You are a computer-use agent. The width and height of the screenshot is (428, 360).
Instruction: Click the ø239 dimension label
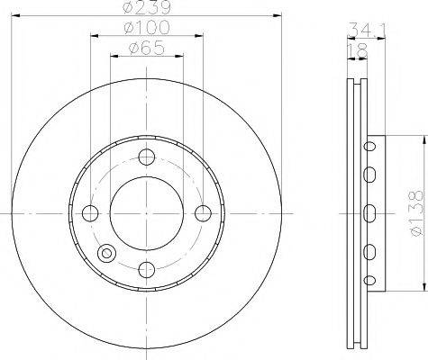(147, 7)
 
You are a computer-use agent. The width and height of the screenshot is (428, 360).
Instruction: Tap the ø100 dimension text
(147, 27)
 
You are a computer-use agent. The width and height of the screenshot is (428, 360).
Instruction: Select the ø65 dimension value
(147, 48)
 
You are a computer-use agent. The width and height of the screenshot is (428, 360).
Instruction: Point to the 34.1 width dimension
(367, 29)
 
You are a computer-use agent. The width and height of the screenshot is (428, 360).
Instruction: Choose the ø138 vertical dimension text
(416, 213)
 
